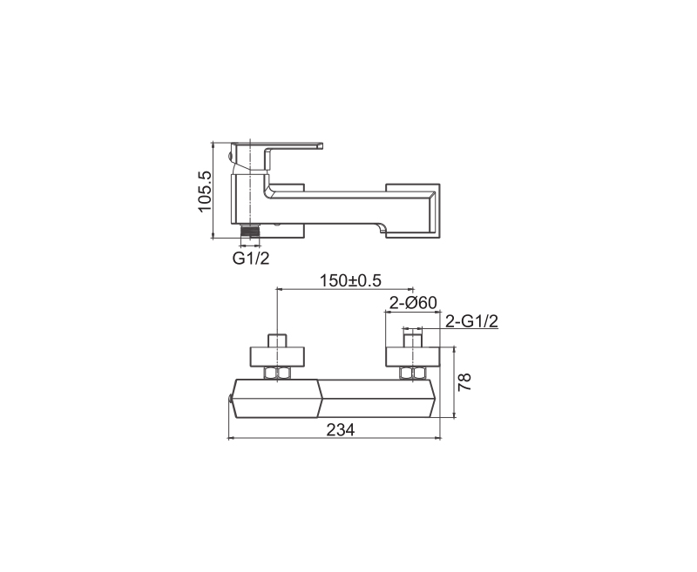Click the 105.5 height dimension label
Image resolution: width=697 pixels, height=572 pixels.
click(205, 191)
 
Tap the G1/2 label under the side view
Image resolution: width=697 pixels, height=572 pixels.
click(251, 258)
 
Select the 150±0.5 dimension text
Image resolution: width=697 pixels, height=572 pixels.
click(351, 280)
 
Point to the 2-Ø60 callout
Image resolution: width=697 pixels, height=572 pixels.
click(413, 302)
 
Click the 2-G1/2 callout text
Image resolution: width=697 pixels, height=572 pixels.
click(471, 320)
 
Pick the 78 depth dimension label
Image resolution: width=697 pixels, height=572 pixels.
click(465, 382)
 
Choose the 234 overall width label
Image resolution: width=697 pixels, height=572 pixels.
click(341, 429)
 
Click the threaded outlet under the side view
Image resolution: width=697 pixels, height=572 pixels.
click(250, 231)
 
